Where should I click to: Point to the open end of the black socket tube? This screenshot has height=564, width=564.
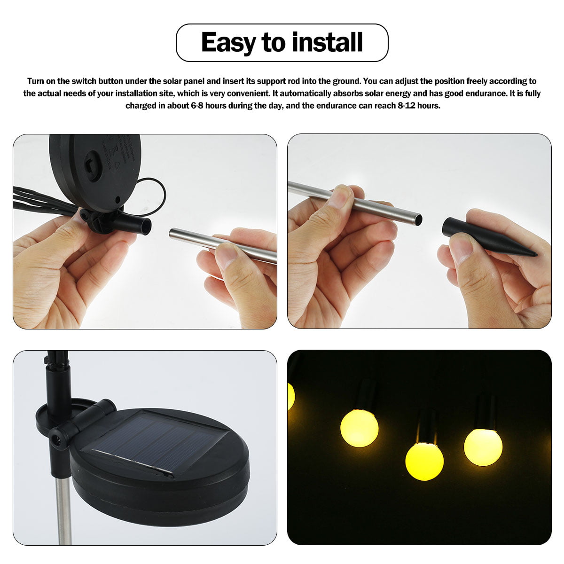pyautogui.click(x=147, y=226)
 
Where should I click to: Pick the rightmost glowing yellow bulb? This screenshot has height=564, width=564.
pyautogui.click(x=483, y=446)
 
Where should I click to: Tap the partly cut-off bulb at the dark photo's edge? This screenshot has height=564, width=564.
pyautogui.click(x=290, y=396)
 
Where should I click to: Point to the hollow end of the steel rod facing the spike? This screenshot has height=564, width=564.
pyautogui.click(x=417, y=218)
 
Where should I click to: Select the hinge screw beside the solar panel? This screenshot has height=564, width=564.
pyautogui.click(x=57, y=440)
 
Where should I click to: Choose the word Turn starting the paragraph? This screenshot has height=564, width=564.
pyautogui.click(x=36, y=81)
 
